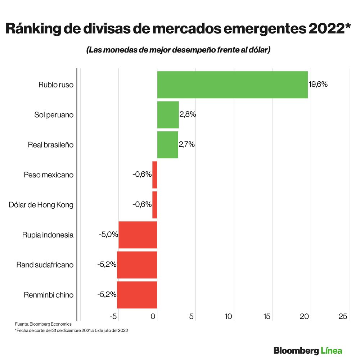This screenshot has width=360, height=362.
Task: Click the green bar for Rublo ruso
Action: click(232, 85)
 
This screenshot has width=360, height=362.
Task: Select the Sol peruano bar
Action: click(168, 115)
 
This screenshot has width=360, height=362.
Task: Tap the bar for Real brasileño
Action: click(167, 145)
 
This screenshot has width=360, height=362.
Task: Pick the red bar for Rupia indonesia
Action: click(138, 235)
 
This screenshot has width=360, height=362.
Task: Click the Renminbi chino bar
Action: click(137, 295)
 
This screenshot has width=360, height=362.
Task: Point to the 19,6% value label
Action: click(318, 85)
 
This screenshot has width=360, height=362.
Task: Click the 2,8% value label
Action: click(188, 114)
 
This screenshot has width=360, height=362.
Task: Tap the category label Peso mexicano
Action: click(49, 175)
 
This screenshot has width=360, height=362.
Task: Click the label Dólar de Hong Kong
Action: click(41, 205)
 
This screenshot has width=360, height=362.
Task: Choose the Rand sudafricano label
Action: click(45, 265)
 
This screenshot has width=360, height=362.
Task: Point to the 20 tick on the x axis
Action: click(305, 316)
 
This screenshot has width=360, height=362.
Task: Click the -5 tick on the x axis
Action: click(113, 316)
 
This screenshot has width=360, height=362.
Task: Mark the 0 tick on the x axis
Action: click(153, 316)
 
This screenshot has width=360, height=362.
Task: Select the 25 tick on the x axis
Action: click(343, 316)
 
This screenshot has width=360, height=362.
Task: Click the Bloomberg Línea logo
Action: click(307, 350)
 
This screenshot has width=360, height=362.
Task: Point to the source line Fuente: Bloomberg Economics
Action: click(43, 324)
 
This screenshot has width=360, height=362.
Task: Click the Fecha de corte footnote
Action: click(71, 330)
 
